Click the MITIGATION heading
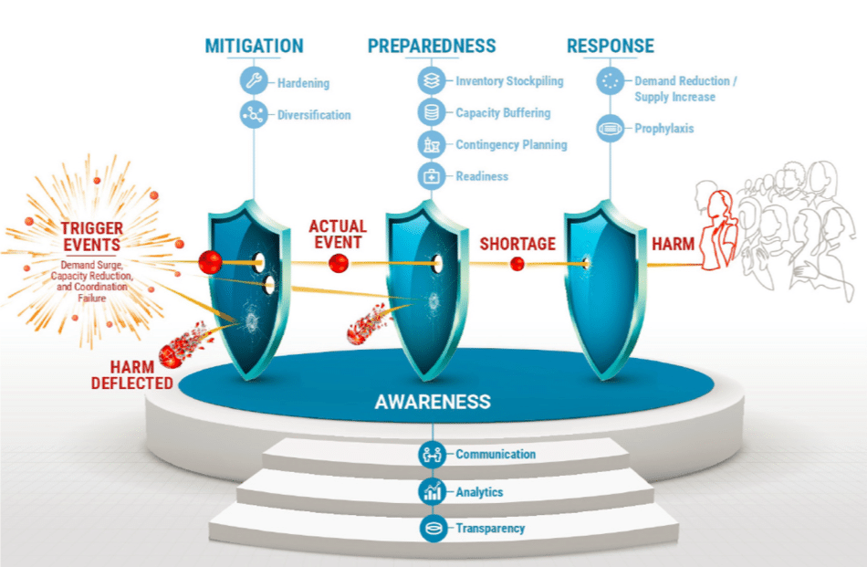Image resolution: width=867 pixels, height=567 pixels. click(x=254, y=46)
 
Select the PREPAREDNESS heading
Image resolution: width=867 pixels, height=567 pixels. click(x=432, y=46)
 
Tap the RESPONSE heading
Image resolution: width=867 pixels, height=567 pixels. click(x=610, y=46)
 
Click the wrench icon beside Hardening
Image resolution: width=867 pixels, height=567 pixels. click(x=254, y=82)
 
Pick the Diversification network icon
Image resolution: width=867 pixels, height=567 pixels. click(x=254, y=115)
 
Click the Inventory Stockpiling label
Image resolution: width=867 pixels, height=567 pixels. click(x=509, y=81)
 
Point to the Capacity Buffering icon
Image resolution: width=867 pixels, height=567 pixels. click(x=431, y=113)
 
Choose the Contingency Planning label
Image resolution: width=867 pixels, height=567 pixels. click(x=511, y=144)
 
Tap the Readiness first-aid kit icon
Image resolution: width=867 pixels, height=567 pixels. click(x=431, y=176)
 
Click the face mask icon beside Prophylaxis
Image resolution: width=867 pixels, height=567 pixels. click(x=609, y=129)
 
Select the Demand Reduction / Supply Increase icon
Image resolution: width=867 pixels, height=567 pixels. click(x=609, y=81)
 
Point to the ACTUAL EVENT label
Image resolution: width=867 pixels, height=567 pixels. click(x=337, y=234)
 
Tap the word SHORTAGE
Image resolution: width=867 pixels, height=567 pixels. click(x=517, y=244)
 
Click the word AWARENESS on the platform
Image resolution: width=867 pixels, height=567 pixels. click(x=433, y=402)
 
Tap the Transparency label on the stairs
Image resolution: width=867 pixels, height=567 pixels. click(x=490, y=528)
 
